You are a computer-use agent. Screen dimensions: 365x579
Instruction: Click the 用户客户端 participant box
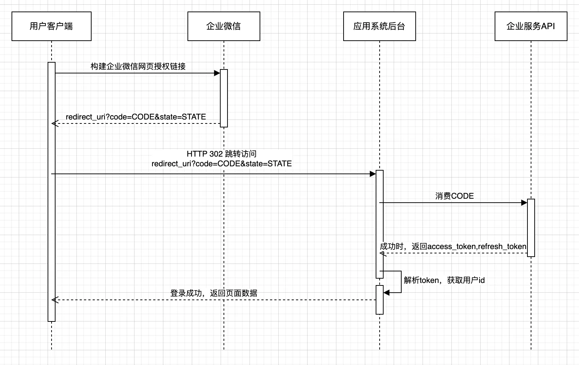51,26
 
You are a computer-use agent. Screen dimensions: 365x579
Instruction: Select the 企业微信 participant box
224,26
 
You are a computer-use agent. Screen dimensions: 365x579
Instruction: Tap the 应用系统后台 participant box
379,26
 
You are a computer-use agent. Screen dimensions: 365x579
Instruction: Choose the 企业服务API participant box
531,26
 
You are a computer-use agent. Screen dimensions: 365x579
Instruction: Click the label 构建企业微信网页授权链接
138,66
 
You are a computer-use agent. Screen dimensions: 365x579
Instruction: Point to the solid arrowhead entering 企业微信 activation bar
217,73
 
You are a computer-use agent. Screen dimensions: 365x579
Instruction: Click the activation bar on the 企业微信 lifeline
224,98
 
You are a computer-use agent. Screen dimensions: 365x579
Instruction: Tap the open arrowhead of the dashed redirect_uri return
54,123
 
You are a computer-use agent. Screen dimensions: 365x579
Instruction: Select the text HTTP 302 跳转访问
221,154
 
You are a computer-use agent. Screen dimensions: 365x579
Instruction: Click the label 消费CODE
454,196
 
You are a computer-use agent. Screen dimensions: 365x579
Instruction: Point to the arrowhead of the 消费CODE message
524,203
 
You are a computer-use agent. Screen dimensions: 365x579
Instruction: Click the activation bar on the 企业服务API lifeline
531,227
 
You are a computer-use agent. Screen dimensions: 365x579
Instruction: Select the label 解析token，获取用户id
444,280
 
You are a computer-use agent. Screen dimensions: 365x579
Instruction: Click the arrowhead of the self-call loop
386,293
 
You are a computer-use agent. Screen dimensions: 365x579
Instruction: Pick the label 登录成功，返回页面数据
213,293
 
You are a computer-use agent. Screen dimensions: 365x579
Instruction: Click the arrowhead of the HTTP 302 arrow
373,174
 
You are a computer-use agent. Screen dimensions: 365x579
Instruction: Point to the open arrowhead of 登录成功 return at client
54,300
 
